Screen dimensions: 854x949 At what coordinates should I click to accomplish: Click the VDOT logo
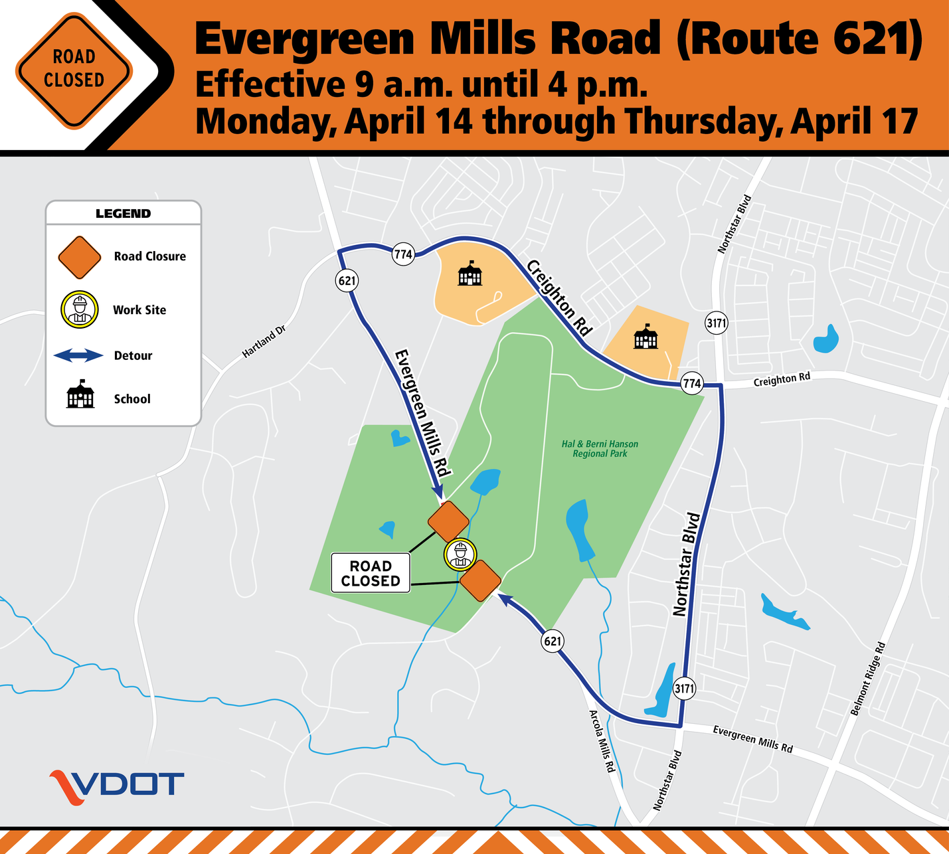pyautogui.click(x=117, y=786)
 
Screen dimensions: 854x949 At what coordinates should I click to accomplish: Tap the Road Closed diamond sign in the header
pyautogui.click(x=74, y=69)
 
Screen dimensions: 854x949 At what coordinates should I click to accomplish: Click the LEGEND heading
pyautogui.click(x=123, y=213)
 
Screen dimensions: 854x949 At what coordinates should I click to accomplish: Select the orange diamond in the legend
pyautogui.click(x=80, y=257)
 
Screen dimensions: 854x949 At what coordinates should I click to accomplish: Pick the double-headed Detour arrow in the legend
pyautogui.click(x=78, y=356)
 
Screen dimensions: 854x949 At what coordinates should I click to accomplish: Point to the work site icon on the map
pyautogui.click(x=460, y=555)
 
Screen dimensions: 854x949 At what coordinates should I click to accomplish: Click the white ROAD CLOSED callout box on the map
pyautogui.click(x=371, y=573)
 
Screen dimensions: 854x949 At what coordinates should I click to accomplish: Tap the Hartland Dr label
pyautogui.click(x=263, y=341)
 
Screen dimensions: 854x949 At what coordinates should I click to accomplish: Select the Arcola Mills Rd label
pyautogui.click(x=602, y=741)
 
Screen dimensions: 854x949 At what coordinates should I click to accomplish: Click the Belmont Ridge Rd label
pyautogui.click(x=868, y=679)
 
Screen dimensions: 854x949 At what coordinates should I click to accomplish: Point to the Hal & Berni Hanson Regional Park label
pyautogui.click(x=600, y=449)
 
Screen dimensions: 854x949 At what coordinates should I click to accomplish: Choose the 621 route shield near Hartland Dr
pyautogui.click(x=347, y=280)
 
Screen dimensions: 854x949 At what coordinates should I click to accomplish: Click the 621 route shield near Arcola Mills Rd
pyautogui.click(x=553, y=641)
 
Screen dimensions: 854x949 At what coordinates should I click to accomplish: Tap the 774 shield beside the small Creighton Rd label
pyautogui.click(x=692, y=383)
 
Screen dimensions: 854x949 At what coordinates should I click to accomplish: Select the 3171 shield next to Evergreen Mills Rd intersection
pyautogui.click(x=684, y=689)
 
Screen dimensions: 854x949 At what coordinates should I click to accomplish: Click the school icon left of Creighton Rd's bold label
pyautogui.click(x=470, y=274)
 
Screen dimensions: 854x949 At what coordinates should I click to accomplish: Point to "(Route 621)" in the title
pyautogui.click(x=800, y=39)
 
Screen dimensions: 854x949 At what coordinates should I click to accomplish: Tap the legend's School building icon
pyautogui.click(x=80, y=397)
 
